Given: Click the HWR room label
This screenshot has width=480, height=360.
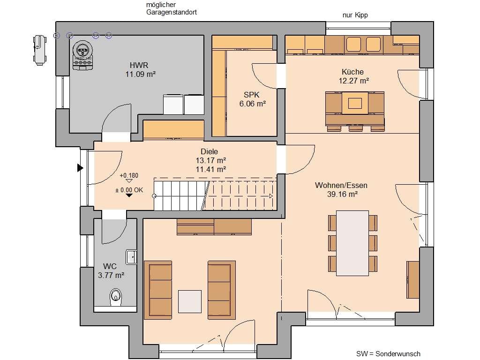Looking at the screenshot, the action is click(x=139, y=65).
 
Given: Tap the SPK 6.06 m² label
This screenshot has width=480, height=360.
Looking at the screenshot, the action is click(x=252, y=99).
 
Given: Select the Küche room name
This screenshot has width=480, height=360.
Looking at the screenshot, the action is click(x=352, y=72).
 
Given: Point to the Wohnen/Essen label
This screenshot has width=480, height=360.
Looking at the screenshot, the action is click(x=341, y=185).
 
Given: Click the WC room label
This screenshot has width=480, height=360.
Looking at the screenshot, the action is click(x=110, y=266).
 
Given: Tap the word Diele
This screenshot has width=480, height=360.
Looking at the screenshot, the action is click(x=210, y=151).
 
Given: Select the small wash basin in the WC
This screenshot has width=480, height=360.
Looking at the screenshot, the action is click(x=131, y=257).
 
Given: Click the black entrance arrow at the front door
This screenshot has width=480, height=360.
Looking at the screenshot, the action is click(x=80, y=168).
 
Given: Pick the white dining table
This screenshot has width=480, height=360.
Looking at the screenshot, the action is click(x=352, y=243).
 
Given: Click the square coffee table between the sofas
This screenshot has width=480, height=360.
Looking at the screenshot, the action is click(x=190, y=301).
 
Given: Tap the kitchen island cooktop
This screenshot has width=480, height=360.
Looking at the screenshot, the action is click(x=355, y=103).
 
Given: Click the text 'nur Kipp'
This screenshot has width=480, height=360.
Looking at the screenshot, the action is click(x=355, y=15).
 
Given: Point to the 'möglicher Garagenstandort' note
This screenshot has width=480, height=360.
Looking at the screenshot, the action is click(x=172, y=8).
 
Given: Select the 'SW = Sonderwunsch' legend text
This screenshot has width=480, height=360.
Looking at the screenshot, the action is click(x=388, y=354).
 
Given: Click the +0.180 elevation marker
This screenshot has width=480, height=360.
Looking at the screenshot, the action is click(x=129, y=176).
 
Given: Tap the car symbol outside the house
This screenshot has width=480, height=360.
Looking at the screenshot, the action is click(x=40, y=50).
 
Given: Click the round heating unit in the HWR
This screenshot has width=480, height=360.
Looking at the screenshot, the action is click(x=82, y=50).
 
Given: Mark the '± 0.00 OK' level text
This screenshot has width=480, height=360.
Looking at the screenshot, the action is click(x=129, y=190).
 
